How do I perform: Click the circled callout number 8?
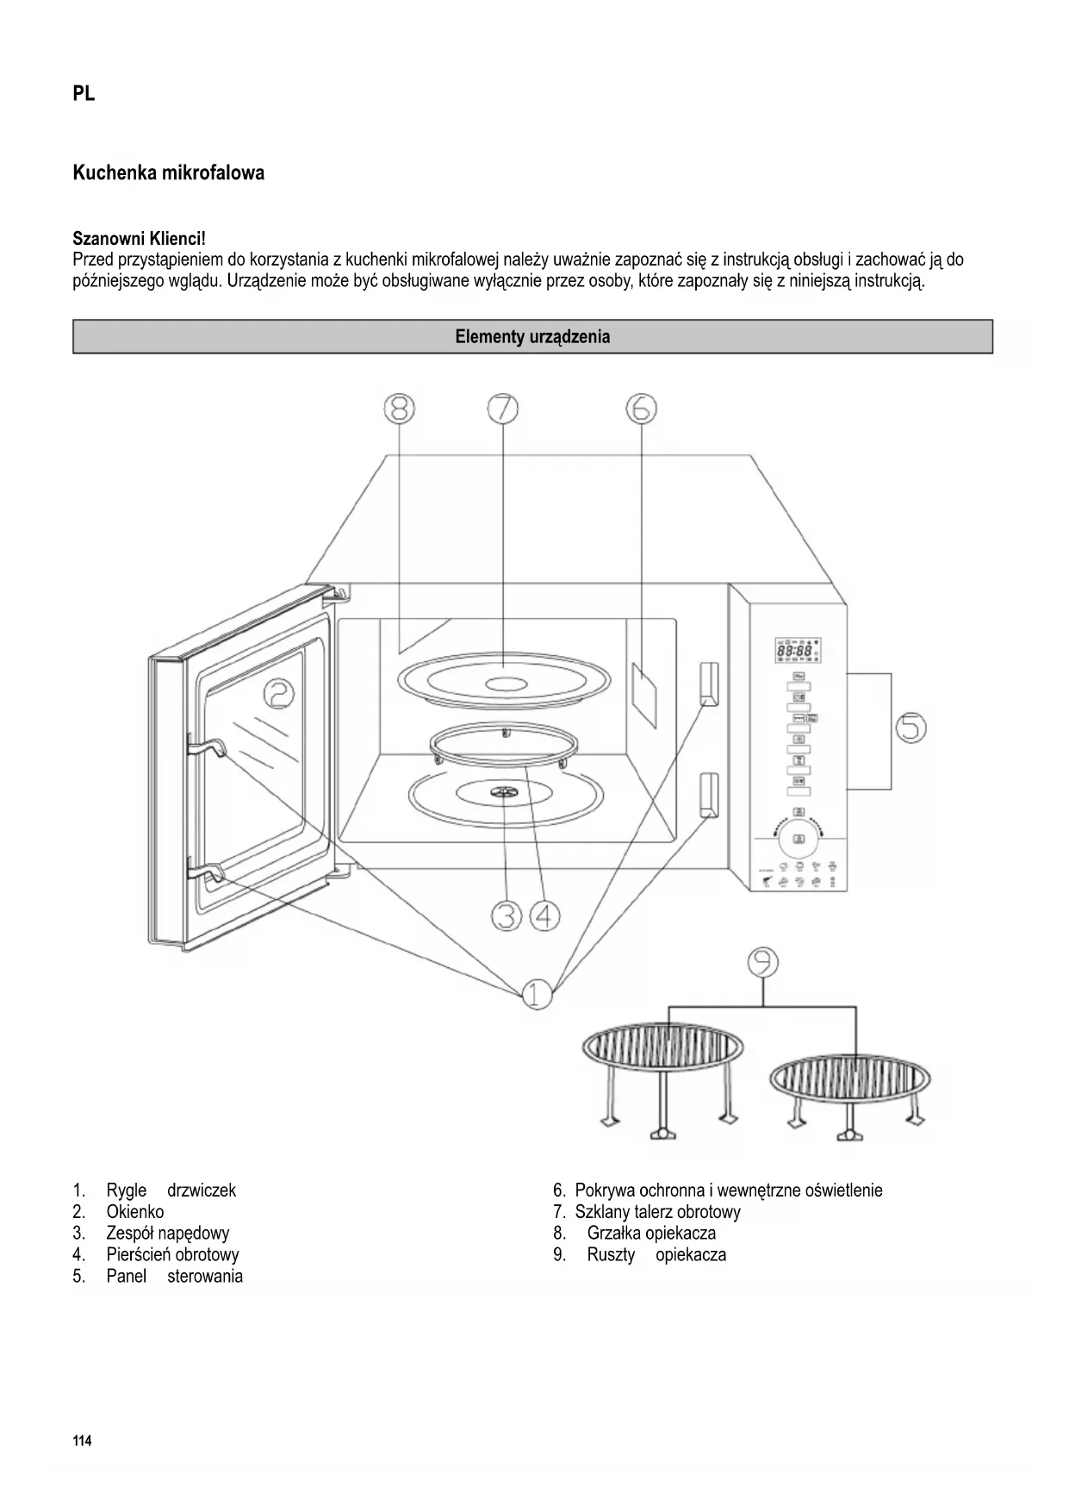pyautogui.click(x=399, y=408)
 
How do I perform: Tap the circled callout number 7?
pyautogui.click(x=503, y=408)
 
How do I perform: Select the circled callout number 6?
pyautogui.click(x=642, y=408)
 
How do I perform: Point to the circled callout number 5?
pyautogui.click(x=911, y=728)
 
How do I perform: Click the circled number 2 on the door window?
pyautogui.click(x=279, y=692)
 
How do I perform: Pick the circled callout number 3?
pyautogui.click(x=507, y=915)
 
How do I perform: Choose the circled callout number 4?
pyautogui.click(x=544, y=915)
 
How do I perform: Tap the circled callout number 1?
pyautogui.click(x=537, y=994)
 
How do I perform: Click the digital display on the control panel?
pyautogui.click(x=796, y=652)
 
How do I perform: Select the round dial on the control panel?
pyautogui.click(x=799, y=838)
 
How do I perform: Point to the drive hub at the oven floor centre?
pyautogui.click(x=501, y=791)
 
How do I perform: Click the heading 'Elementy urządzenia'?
pyautogui.click(x=532, y=337)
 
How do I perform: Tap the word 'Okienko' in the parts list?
pyautogui.click(x=135, y=1212)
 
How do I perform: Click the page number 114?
pyautogui.click(x=82, y=1441)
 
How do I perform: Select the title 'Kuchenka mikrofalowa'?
pyautogui.click(x=169, y=173)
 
